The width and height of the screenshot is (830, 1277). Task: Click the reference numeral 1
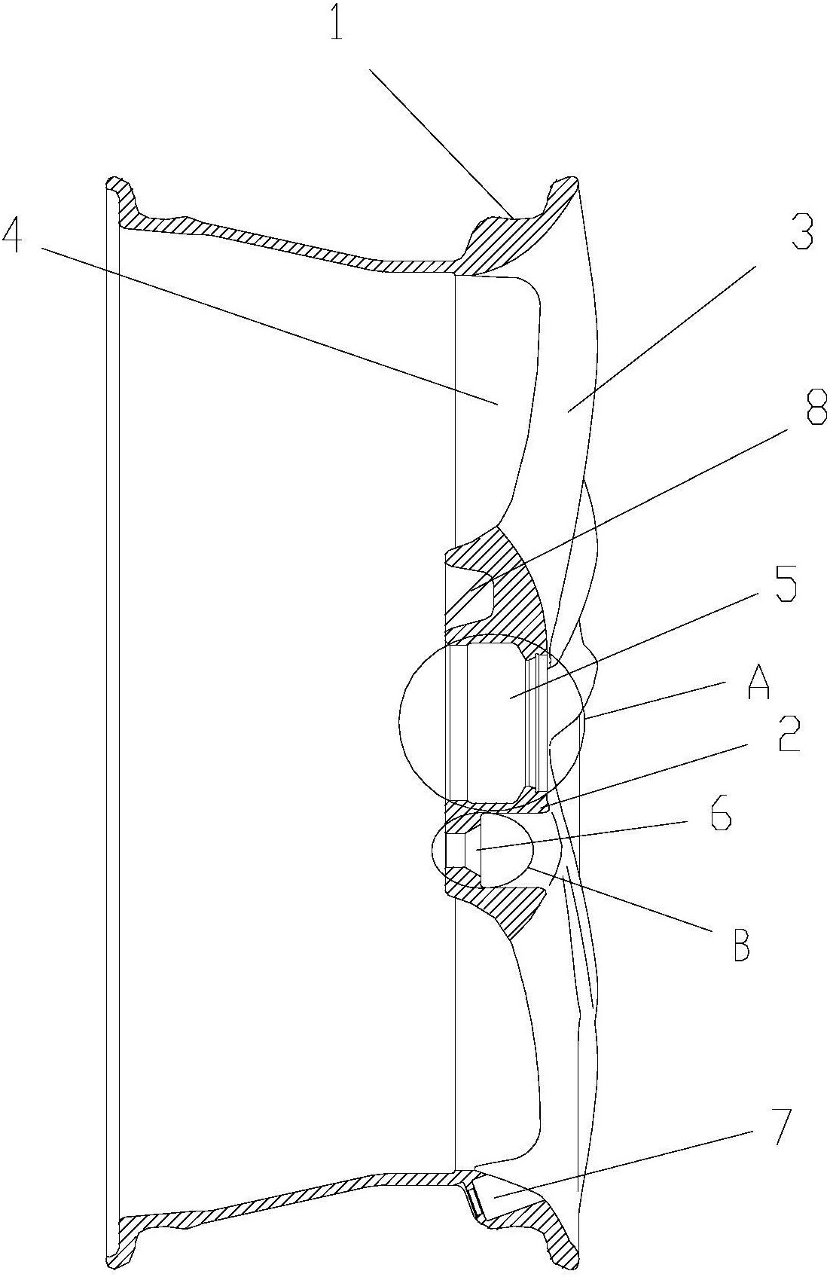[337, 22]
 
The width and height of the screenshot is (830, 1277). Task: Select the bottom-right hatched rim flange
[542, 1226]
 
